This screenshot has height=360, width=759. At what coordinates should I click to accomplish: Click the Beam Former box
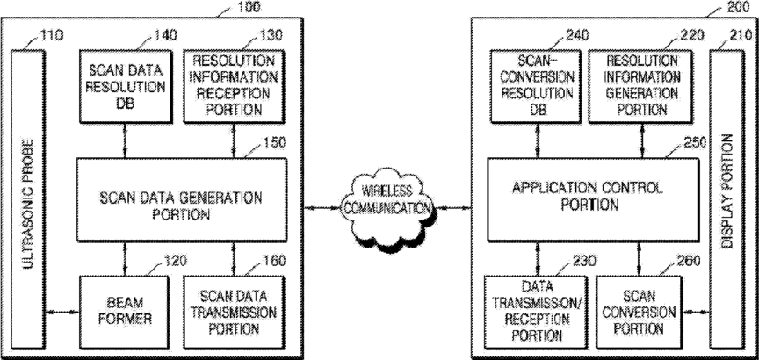(x=125, y=312)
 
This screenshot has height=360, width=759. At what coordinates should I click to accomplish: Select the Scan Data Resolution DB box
(x=126, y=86)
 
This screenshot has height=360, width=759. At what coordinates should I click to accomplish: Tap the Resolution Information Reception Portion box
(x=234, y=86)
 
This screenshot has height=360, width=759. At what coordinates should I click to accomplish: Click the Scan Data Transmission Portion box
(x=234, y=312)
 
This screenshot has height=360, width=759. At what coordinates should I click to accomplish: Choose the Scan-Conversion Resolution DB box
(x=537, y=86)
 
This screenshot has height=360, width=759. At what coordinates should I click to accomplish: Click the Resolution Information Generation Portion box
(x=641, y=86)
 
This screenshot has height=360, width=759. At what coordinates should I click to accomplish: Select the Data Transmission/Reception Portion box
(x=537, y=312)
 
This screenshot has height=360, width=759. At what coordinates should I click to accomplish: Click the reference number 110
(x=50, y=35)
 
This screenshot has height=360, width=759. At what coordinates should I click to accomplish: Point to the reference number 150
(x=274, y=143)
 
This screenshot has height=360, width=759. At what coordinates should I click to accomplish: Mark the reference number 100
(x=248, y=6)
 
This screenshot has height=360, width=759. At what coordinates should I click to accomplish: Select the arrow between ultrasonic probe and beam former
(x=62, y=312)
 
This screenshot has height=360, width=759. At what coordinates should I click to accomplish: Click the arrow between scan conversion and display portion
(x=696, y=312)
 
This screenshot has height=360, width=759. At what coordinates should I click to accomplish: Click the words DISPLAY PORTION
(x=726, y=191)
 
